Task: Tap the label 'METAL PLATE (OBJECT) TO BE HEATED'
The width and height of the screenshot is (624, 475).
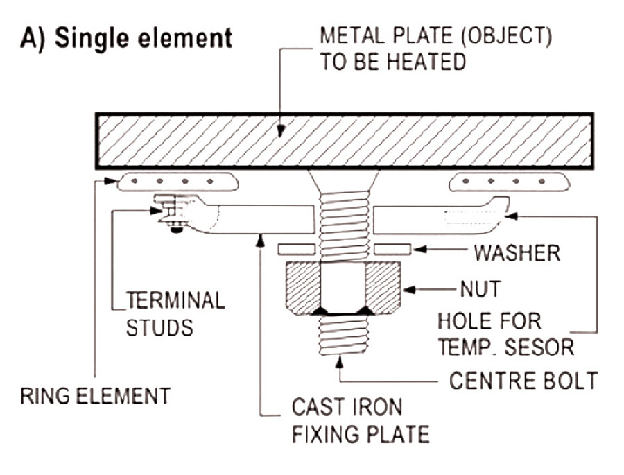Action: [435, 49]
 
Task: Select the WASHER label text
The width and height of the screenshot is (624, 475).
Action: [517, 252]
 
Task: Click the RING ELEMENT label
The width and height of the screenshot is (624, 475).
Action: [95, 396]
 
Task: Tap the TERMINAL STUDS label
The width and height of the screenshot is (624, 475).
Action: [175, 313]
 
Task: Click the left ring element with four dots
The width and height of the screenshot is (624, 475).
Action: [178, 182]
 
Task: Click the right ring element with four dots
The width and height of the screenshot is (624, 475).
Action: [509, 182]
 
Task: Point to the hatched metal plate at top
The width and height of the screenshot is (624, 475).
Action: [344, 141]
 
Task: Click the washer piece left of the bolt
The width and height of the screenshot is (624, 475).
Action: [297, 249]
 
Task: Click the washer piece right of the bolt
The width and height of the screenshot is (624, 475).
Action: [392, 249]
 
